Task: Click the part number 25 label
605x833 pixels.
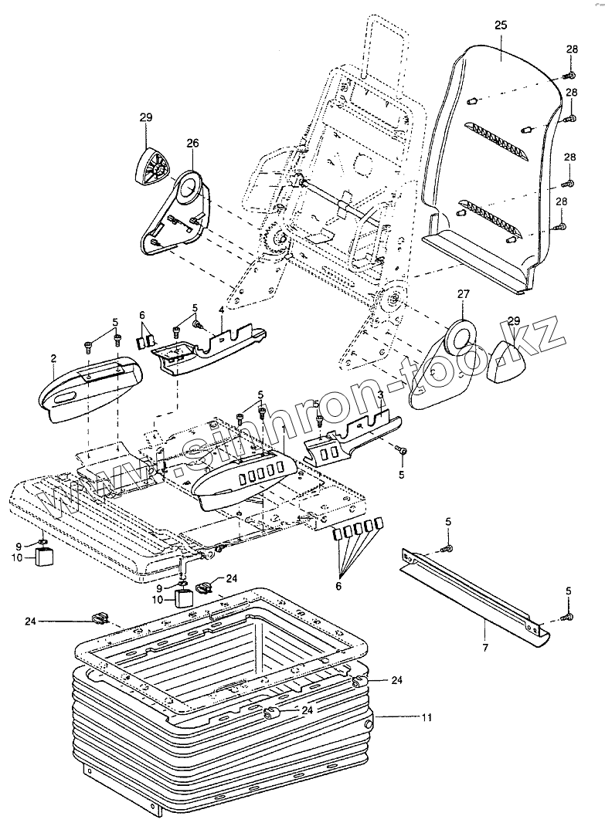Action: point(500,25)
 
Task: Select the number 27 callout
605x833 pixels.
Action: point(463,293)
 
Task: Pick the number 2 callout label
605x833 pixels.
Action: point(53,358)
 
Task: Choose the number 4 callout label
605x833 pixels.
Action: point(221,310)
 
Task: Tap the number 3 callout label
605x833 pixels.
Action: point(381,394)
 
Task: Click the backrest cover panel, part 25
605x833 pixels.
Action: point(495,154)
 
